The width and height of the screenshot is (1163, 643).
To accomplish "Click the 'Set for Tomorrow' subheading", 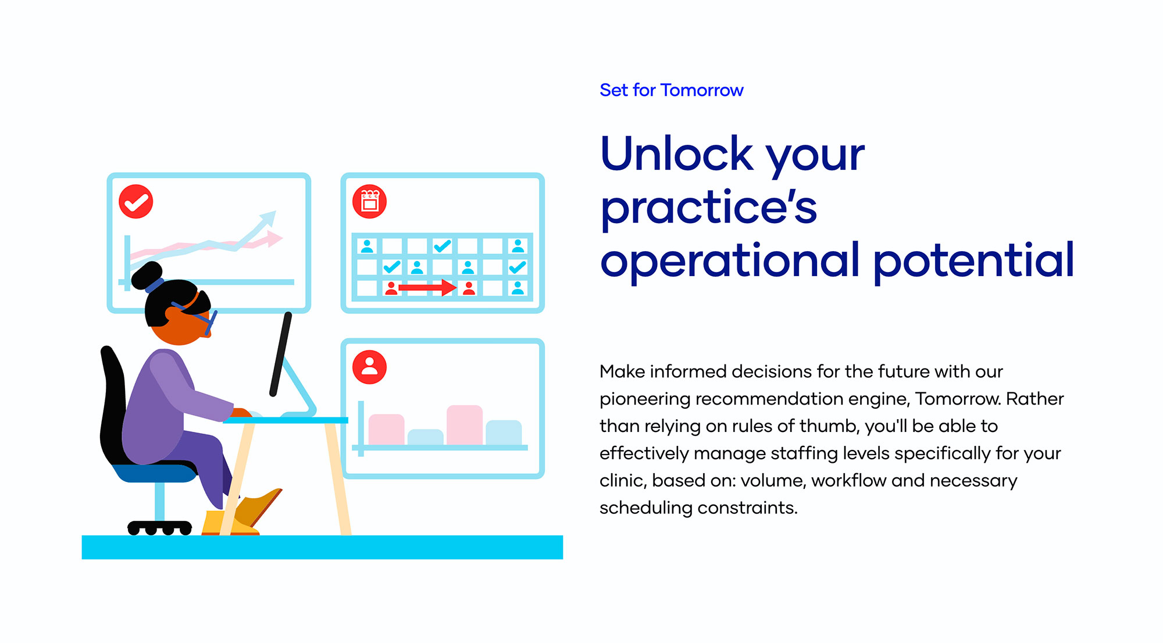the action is pos(672,90).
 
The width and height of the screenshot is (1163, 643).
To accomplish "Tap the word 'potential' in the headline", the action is pos(973,260).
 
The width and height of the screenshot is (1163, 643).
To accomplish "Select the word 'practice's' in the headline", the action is pos(709,208).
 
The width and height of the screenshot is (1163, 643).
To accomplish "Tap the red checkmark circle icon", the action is pos(136,202).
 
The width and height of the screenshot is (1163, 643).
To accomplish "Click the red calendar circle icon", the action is pos(370,202).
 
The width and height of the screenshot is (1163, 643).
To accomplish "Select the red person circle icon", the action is pos(370,367).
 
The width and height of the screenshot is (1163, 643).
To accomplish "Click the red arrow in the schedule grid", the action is pos(427,288).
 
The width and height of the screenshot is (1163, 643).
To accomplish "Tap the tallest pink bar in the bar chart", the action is pos(465,425).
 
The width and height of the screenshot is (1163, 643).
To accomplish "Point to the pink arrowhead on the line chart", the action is pos(274,238).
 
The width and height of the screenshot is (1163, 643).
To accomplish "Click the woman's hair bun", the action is pos(147,276).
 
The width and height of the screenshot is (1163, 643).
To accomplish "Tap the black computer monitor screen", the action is pos(281,355).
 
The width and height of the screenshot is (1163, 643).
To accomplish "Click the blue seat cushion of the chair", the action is pos(155,471).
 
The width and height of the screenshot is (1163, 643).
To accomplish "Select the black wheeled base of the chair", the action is pos(160,527).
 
